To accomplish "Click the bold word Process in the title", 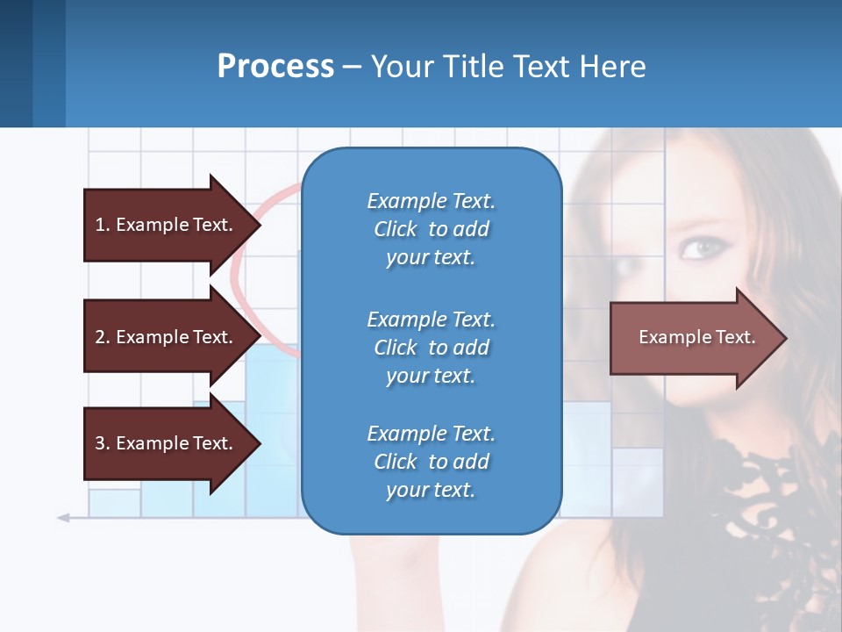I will (x=275, y=67).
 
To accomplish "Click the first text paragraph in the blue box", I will (x=431, y=229).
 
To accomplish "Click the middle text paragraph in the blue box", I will (x=431, y=348).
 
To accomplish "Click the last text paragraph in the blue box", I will (x=431, y=462).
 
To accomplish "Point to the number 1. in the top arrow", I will (x=103, y=225).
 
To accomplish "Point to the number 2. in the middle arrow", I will (x=103, y=337).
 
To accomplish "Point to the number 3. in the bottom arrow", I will (x=103, y=443).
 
